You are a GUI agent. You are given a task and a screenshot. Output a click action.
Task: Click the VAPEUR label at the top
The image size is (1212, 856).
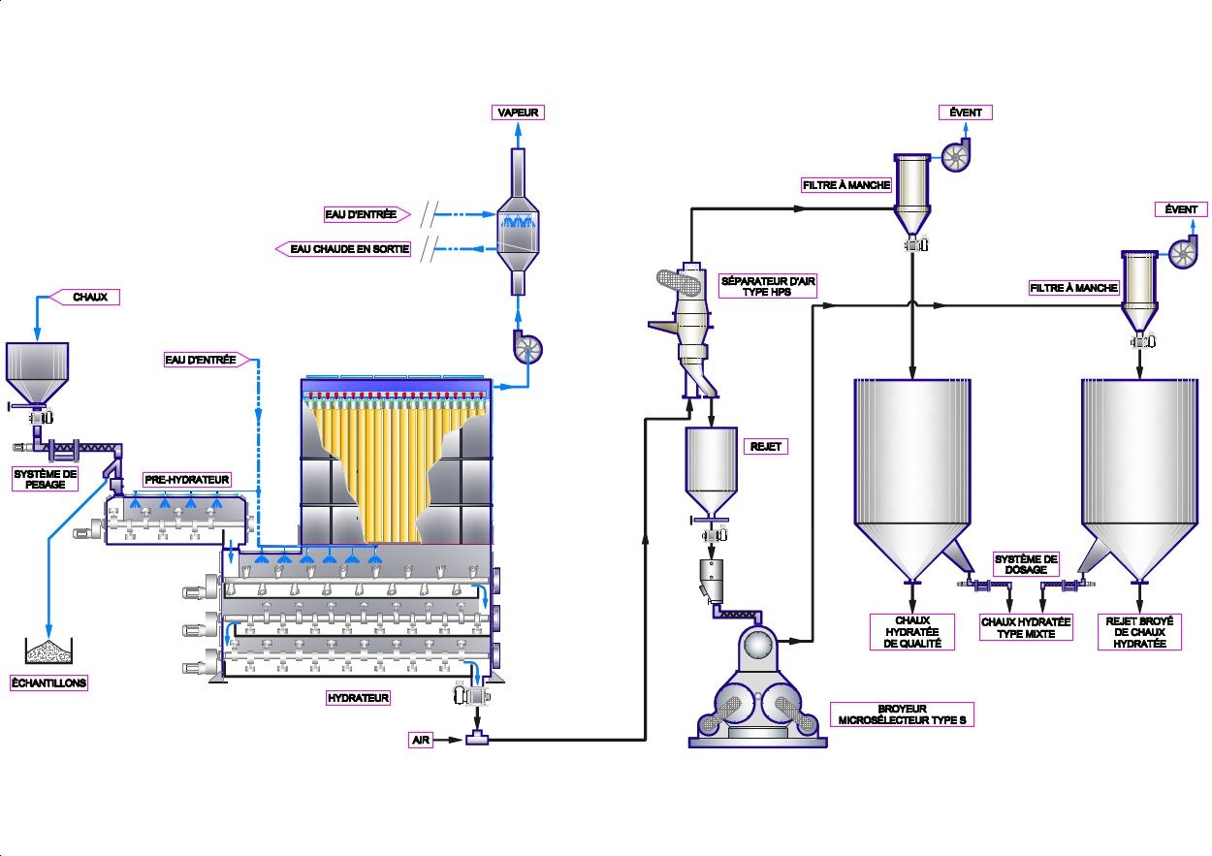pos(519,112)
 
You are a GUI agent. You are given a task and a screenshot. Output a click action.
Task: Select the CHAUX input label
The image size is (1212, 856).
pos(90,297)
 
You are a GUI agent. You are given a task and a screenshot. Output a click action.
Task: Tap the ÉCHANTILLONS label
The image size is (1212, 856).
pos(48,682)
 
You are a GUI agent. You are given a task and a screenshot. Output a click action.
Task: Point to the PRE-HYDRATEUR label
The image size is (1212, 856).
pos(186,479)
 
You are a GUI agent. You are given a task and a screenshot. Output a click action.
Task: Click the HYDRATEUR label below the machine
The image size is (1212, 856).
pos(358,697)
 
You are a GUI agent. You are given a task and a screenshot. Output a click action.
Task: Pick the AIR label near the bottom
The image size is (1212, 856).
pos(421,740)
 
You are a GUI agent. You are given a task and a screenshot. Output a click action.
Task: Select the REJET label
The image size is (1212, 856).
pos(765,447)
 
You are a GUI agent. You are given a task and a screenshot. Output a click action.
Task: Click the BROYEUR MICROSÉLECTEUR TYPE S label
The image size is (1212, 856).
pos(902,713)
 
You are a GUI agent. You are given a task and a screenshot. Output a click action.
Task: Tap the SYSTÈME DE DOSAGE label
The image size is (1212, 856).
pos(1027,564)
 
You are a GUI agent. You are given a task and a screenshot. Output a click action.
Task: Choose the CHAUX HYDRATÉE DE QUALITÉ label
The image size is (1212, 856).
pos(911,632)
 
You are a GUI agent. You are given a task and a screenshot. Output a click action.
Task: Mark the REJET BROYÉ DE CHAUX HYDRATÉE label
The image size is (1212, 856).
pos(1139,632)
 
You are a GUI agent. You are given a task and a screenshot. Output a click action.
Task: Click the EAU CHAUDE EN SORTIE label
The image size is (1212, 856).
pos(350,249)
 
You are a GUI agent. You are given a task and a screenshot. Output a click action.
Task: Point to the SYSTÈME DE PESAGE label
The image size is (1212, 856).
pos(45,479)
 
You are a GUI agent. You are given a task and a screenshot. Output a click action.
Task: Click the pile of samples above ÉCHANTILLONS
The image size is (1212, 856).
pos(48,651)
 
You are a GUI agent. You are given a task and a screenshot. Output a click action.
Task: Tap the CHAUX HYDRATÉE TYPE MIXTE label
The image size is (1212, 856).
pos(1026,627)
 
